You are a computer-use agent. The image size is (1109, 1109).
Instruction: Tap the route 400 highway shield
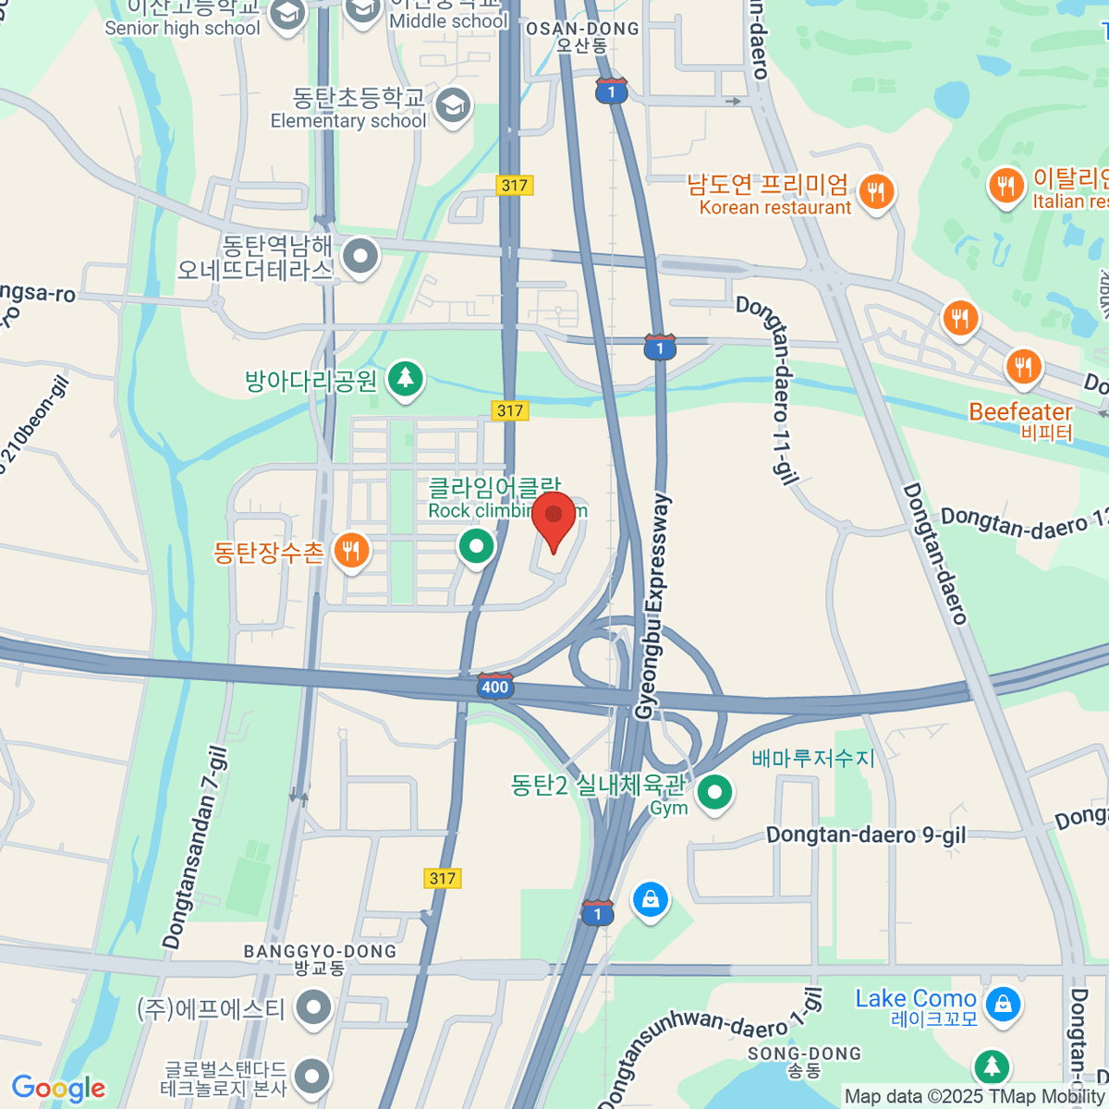pyautogui.click(x=494, y=686)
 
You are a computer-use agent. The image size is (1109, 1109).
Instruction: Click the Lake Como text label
pyautogui.click(x=915, y=999)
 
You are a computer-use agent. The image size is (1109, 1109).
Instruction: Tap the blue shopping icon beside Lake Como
pyautogui.click(x=1002, y=1005)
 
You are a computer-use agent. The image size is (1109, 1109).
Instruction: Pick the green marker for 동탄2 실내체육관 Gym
pyautogui.click(x=714, y=792)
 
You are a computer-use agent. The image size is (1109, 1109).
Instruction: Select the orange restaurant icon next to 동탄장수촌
pyautogui.click(x=350, y=552)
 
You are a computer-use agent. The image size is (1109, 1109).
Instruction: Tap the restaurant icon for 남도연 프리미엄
pyautogui.click(x=875, y=192)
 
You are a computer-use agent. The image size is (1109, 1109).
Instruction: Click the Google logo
pyautogui.click(x=58, y=1088)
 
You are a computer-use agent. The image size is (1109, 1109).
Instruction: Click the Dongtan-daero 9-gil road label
pyautogui.click(x=866, y=835)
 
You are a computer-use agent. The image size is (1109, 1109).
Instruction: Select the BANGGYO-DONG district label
pyautogui.click(x=320, y=952)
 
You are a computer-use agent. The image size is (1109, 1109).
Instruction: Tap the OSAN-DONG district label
pyautogui.click(x=582, y=30)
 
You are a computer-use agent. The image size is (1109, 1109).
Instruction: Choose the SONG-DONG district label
pyautogui.click(x=804, y=1054)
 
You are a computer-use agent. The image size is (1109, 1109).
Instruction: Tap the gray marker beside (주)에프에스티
pyautogui.click(x=313, y=1008)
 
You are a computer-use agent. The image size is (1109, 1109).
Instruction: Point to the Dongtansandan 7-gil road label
pyautogui.click(x=195, y=849)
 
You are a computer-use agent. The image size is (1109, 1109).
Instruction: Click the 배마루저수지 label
pyautogui.click(x=813, y=759)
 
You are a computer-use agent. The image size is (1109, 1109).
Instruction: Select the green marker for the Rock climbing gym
pyautogui.click(x=476, y=546)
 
